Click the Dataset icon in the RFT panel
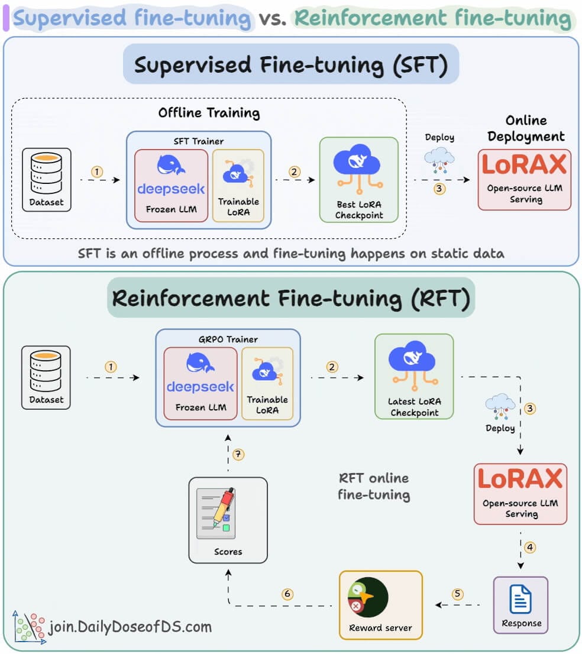pos(46,370)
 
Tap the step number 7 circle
pos(238,455)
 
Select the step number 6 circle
pos(287,594)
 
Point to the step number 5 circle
pos(457,594)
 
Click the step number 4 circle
pos(530,548)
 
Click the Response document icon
pos(520,599)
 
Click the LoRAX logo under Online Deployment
pos(524,164)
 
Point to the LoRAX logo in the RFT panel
pos(520,479)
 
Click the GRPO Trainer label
pos(228,339)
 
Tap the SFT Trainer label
pos(199,141)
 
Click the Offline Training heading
pos(209,112)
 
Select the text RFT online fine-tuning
pos(374,486)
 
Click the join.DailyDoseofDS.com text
pos(130,626)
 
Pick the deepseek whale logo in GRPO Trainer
pos(201,362)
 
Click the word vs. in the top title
pos(273,19)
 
